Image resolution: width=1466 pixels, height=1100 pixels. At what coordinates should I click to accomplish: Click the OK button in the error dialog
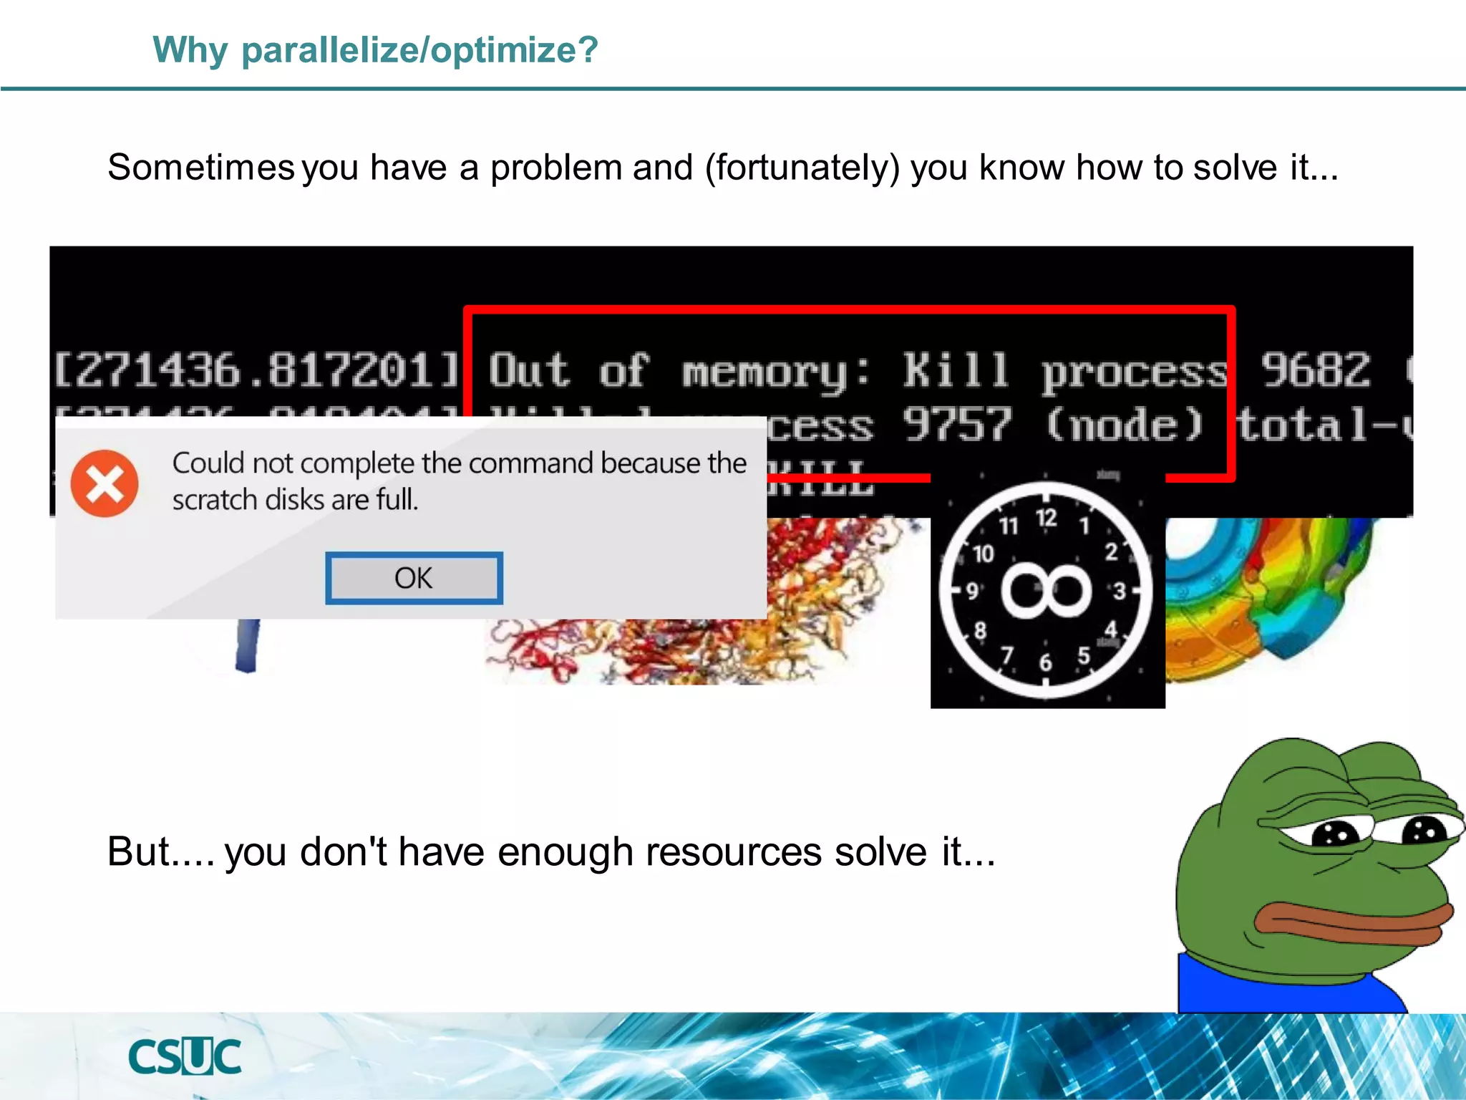[414, 578]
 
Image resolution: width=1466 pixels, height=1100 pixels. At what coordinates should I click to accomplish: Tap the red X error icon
[105, 483]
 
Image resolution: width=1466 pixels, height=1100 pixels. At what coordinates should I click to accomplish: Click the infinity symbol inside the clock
[1046, 590]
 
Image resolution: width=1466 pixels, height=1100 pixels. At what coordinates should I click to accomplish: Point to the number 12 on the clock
[1046, 518]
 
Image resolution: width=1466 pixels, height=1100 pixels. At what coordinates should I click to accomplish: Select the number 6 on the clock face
[1045, 662]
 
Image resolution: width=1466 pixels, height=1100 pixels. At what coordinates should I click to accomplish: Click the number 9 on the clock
[971, 591]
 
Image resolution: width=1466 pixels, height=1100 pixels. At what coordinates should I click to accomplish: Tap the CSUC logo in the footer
[185, 1056]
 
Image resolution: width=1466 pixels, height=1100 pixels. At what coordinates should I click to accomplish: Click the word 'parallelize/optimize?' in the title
[419, 50]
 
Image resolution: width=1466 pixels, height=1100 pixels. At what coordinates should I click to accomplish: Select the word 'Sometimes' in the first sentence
[200, 168]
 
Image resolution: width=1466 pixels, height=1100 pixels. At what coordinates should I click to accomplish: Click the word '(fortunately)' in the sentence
[802, 168]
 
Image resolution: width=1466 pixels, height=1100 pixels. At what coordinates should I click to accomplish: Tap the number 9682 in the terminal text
[1315, 370]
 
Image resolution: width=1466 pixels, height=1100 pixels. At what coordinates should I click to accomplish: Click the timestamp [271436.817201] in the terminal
[256, 370]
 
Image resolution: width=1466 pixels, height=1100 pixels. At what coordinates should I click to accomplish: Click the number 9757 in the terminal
[957, 424]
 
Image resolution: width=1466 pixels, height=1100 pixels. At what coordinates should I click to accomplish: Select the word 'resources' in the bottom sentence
[734, 852]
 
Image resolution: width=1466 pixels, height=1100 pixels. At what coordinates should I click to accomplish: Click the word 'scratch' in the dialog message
[215, 500]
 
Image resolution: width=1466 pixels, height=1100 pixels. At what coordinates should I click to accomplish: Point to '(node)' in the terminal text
[1125, 424]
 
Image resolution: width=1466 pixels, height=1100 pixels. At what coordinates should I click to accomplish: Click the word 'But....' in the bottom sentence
[160, 852]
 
